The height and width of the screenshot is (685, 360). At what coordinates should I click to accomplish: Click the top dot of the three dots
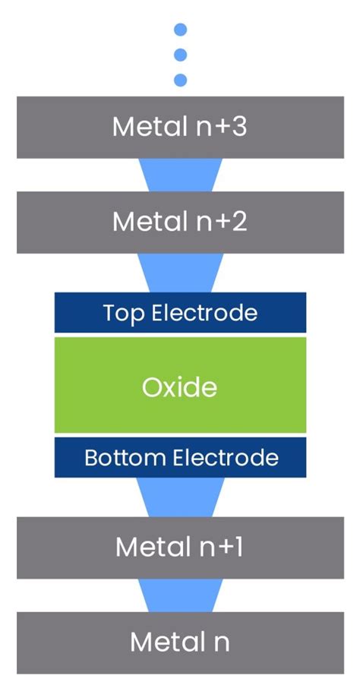(180, 30)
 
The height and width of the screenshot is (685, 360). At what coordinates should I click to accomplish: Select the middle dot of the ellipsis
(180, 55)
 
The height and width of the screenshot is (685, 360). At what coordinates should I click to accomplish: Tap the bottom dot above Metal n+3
(180, 80)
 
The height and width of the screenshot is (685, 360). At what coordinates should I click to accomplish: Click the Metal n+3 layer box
(180, 127)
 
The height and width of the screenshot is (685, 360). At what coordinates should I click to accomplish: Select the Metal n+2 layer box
(180, 222)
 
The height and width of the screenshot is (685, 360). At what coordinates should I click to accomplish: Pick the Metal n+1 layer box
(180, 547)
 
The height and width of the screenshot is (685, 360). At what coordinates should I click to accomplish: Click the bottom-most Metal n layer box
(180, 642)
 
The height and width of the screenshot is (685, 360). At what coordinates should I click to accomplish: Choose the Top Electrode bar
(180, 312)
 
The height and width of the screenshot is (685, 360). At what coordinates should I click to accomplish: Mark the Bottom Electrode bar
(180, 457)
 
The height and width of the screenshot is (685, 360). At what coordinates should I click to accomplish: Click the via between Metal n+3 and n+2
(180, 174)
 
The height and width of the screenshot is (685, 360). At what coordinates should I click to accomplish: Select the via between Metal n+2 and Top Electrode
(180, 271)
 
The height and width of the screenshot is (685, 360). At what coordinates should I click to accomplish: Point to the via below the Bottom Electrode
(180, 497)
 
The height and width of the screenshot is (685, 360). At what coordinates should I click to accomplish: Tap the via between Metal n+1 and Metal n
(180, 595)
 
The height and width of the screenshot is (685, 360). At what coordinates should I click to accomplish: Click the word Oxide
(180, 387)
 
